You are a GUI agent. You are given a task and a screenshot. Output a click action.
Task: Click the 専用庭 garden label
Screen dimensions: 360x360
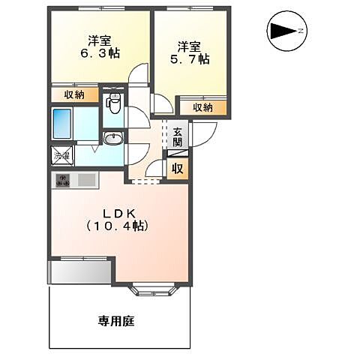click(116, 321)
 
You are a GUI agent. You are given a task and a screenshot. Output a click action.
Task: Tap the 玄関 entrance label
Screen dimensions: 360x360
click(177, 139)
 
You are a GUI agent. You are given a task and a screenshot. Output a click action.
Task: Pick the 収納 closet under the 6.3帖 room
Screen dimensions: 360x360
click(73, 94)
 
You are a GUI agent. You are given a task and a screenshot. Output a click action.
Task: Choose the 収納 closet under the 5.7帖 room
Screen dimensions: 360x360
click(202, 107)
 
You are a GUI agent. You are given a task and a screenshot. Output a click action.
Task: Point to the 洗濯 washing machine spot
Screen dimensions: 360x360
click(61, 156)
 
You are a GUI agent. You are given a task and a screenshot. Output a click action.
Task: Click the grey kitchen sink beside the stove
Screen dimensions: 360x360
click(85, 181)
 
